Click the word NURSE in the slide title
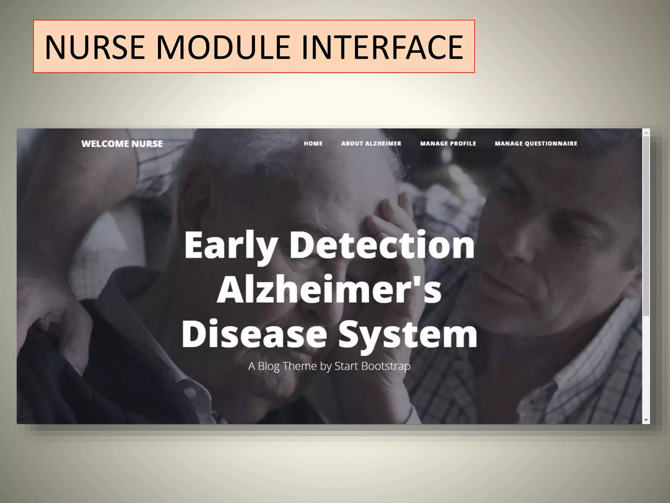pos(95,47)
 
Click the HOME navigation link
pos(313,143)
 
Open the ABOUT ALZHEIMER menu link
pos(371,143)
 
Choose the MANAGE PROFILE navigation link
pos(448,143)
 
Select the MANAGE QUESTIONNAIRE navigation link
pos(536,143)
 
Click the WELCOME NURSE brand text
pos(122,144)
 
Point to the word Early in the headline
pos(231,246)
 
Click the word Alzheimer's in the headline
pos(329,289)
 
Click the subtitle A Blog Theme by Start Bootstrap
pos(329,366)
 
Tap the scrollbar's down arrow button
pos(646,420)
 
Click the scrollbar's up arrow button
pos(646,133)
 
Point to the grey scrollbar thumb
pos(646,226)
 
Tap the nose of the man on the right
pos(527,236)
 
